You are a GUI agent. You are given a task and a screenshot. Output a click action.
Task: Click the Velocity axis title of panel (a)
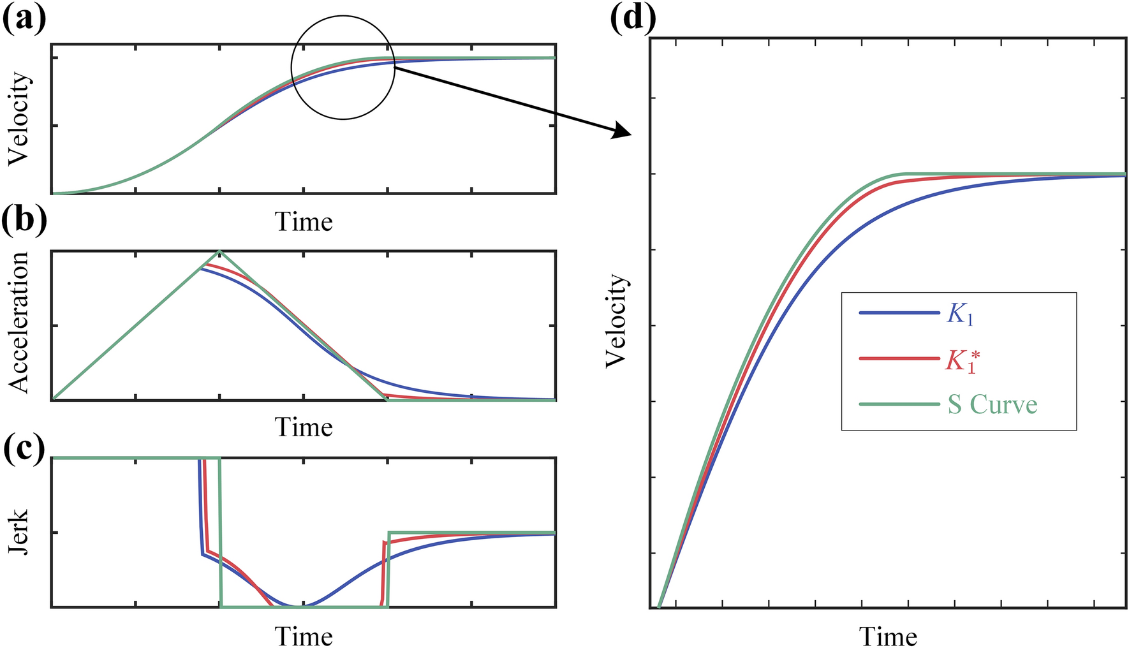click(19, 119)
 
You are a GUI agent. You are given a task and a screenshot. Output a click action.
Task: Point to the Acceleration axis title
click(19, 322)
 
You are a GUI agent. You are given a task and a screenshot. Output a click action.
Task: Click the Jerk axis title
click(19, 532)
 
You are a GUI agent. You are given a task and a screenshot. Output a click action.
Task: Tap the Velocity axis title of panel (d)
click(616, 321)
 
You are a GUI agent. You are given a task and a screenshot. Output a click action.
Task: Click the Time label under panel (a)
click(304, 222)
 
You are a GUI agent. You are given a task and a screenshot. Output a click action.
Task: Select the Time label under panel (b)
click(304, 427)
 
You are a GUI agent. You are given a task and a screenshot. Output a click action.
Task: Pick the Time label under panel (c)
click(304, 636)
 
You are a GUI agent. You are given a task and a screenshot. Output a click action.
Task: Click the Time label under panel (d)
click(888, 637)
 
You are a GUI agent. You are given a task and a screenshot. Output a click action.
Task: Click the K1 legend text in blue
click(960, 314)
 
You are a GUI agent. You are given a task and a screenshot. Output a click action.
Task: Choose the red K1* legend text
click(962, 360)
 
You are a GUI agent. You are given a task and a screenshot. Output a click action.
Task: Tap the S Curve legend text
click(992, 404)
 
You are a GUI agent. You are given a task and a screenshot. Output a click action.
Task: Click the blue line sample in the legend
click(899, 313)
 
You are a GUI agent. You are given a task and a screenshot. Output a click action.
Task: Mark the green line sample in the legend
click(899, 404)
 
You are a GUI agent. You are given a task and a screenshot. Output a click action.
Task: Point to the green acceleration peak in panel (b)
click(219, 251)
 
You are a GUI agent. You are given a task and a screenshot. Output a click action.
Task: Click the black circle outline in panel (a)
click(291, 67)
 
